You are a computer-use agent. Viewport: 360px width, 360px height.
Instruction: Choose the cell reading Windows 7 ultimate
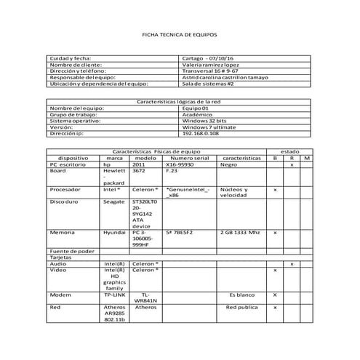(207, 127)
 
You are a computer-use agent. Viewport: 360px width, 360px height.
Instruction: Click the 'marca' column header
(114, 158)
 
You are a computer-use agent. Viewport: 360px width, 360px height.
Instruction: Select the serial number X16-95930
(181, 164)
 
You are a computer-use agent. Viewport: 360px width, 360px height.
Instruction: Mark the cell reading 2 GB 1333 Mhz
(239, 232)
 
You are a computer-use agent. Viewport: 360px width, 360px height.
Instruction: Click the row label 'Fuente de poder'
(72, 251)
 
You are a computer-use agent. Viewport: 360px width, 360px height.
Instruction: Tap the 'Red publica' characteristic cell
(241, 308)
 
